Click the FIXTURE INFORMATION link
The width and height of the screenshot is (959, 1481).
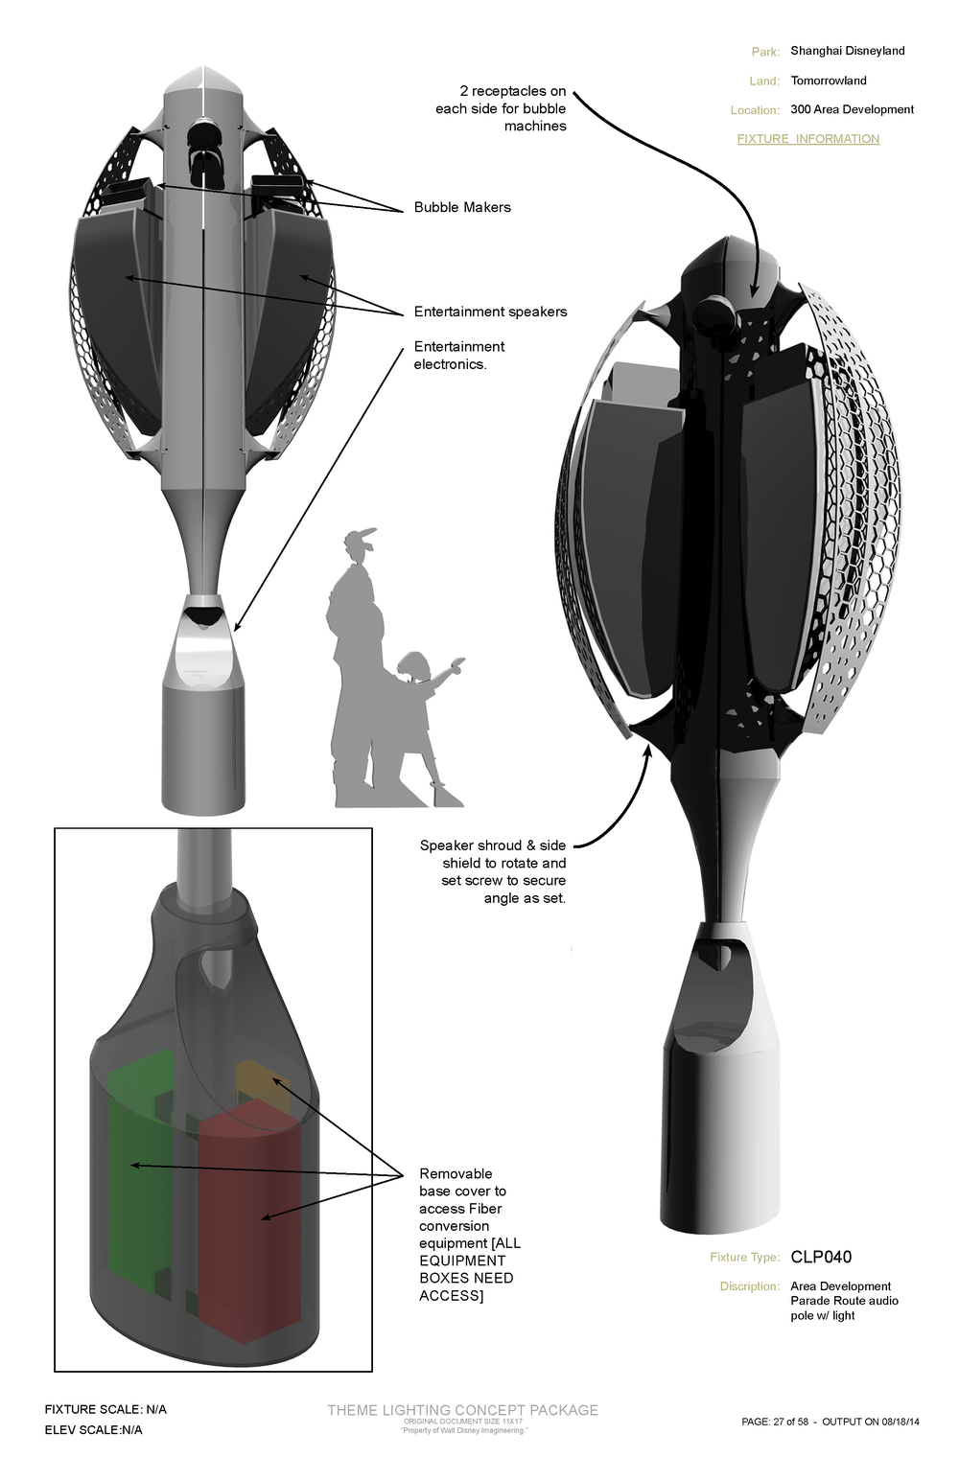click(x=807, y=139)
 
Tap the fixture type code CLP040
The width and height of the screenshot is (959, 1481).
click(x=821, y=1257)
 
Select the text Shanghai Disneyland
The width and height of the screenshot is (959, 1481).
click(x=847, y=51)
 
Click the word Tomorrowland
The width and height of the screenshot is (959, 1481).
click(x=829, y=81)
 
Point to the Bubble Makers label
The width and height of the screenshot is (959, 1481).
click(x=462, y=207)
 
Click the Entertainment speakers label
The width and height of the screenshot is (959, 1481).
click(x=490, y=312)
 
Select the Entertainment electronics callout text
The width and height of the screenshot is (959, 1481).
click(x=458, y=356)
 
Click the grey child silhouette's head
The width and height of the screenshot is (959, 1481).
click(x=416, y=666)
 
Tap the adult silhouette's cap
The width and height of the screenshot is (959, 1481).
click(x=360, y=536)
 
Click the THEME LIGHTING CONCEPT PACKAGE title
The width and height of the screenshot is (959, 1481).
click(x=462, y=1410)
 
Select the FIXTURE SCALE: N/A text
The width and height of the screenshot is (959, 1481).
click(x=105, y=1409)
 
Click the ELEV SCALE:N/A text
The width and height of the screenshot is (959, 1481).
click(x=93, y=1430)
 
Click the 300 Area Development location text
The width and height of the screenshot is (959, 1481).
click(x=852, y=109)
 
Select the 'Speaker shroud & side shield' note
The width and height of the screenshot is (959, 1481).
click(x=493, y=871)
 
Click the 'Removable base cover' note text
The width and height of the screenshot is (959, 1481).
click(x=468, y=1234)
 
